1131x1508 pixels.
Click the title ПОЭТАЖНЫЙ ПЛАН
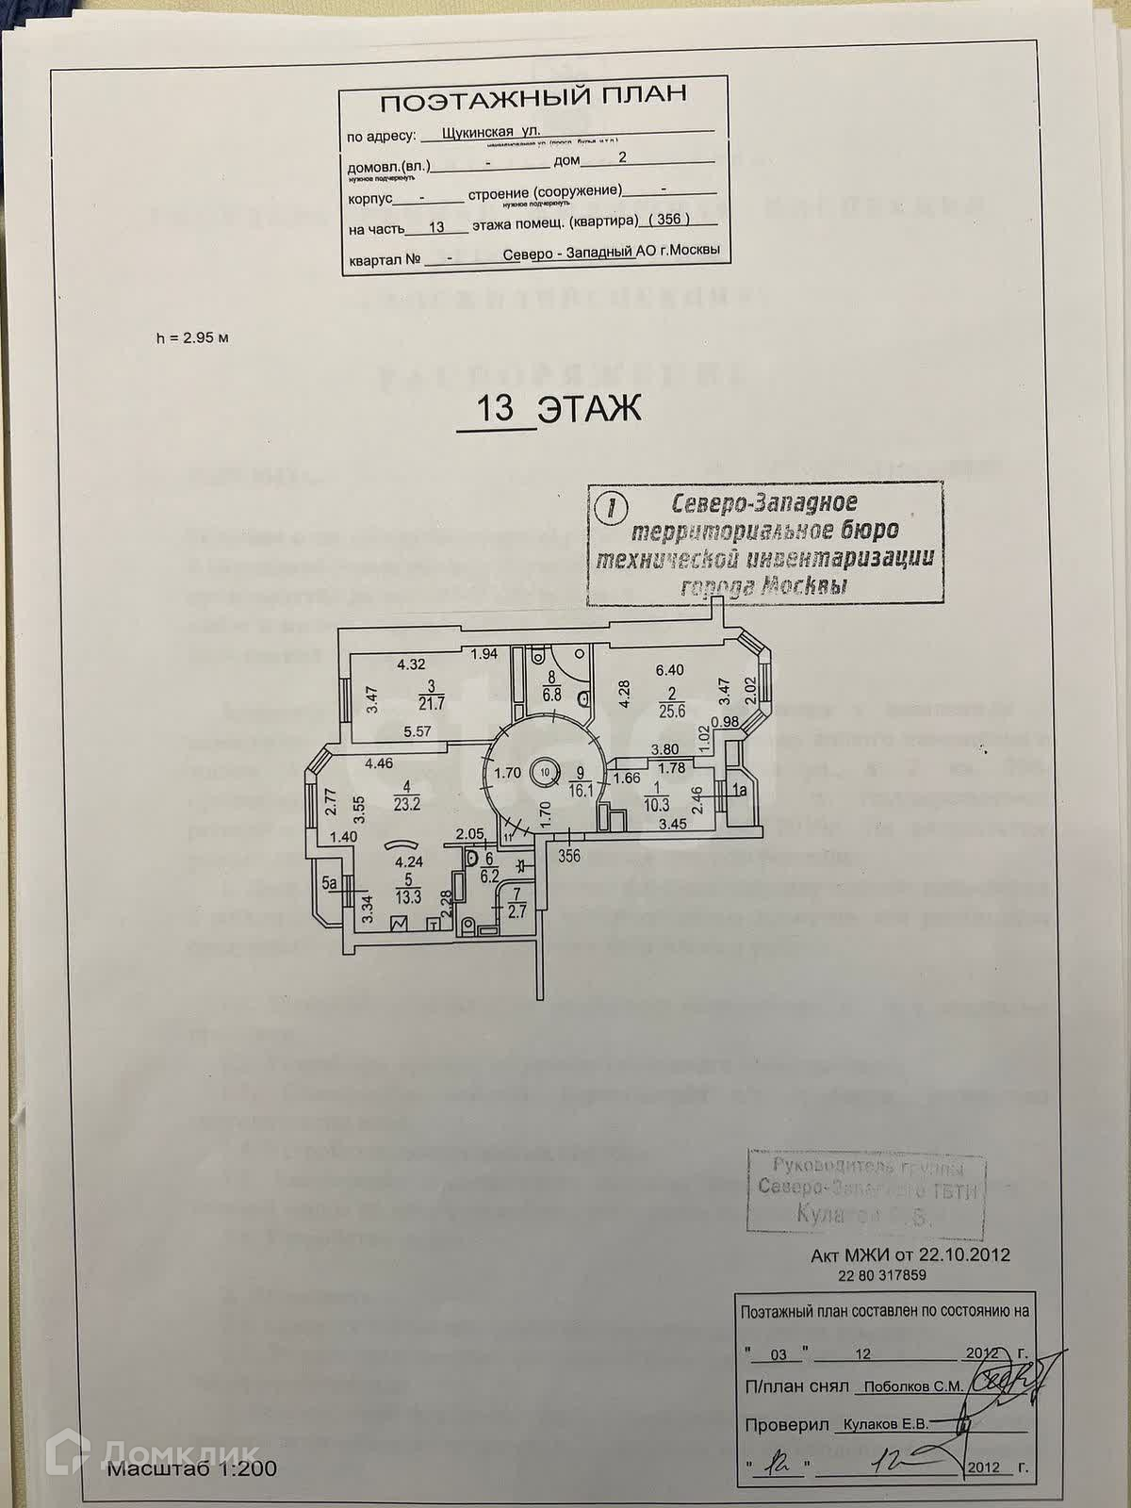(x=533, y=98)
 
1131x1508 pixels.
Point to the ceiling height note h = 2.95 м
(x=192, y=338)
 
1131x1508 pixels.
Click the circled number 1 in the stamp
(x=614, y=509)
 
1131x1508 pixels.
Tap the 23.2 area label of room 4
(x=406, y=804)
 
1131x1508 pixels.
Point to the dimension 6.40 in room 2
(x=671, y=670)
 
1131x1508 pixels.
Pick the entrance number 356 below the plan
(x=569, y=856)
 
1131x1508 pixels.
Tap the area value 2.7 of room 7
(x=516, y=911)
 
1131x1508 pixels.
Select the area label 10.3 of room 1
(x=656, y=804)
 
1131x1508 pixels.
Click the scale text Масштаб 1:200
(x=191, y=1467)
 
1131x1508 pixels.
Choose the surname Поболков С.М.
(x=909, y=1386)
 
